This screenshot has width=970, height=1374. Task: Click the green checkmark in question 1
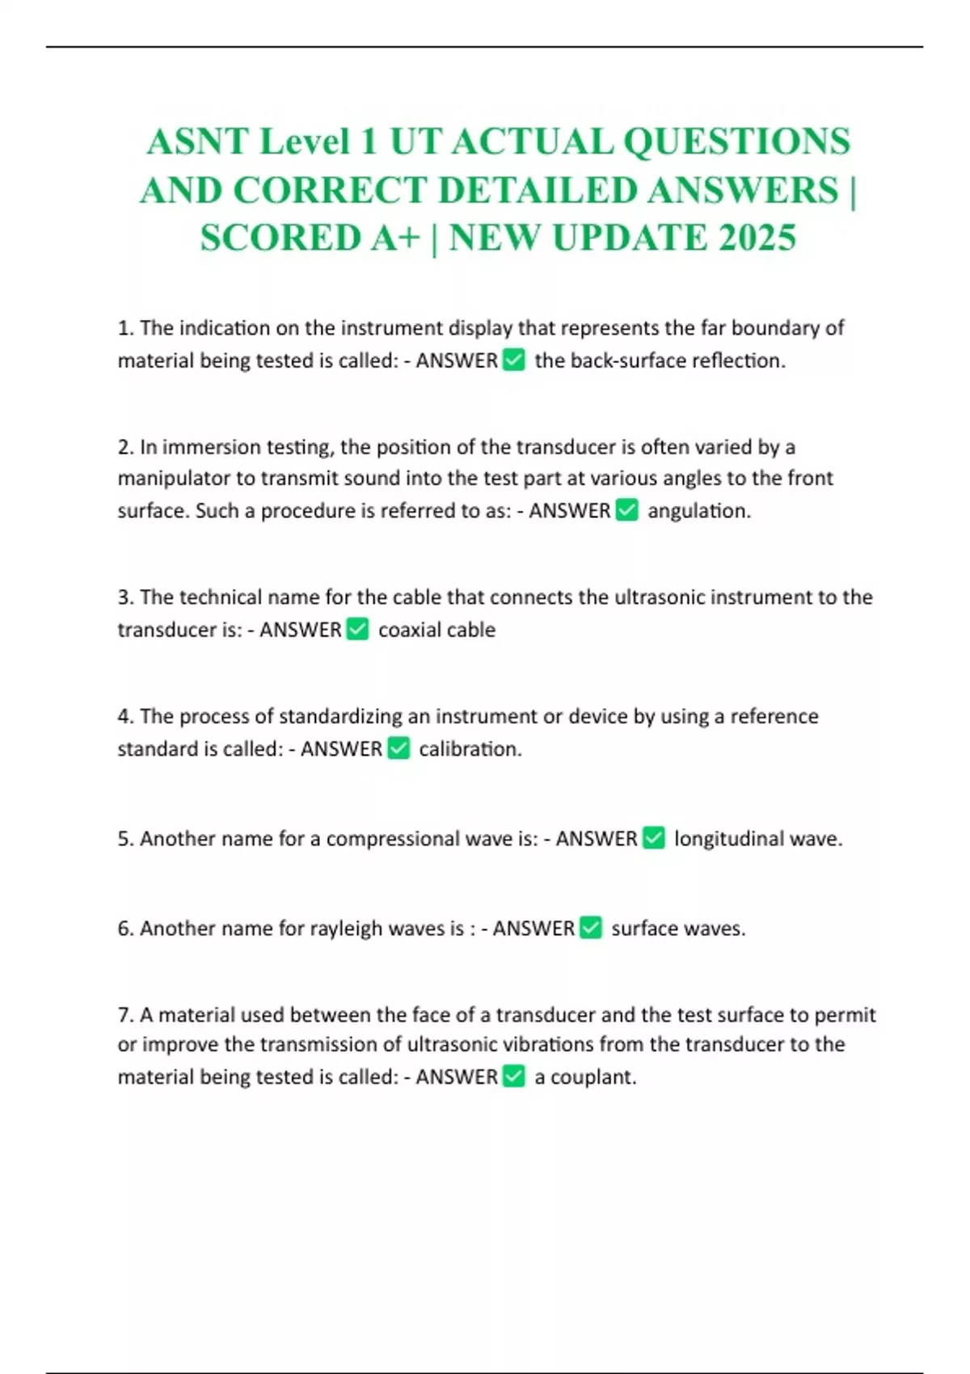[x=514, y=360]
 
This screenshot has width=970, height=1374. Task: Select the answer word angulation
[x=698, y=511]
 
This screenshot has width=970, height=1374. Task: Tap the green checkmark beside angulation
[x=627, y=510]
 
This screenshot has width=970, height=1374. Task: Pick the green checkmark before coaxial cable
[x=357, y=629]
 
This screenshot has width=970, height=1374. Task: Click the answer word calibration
[x=470, y=749]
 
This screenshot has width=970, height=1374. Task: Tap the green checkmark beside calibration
[x=399, y=748]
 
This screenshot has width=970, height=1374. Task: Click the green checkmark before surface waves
[x=592, y=928]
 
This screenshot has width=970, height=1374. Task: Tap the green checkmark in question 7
[x=514, y=1077]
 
